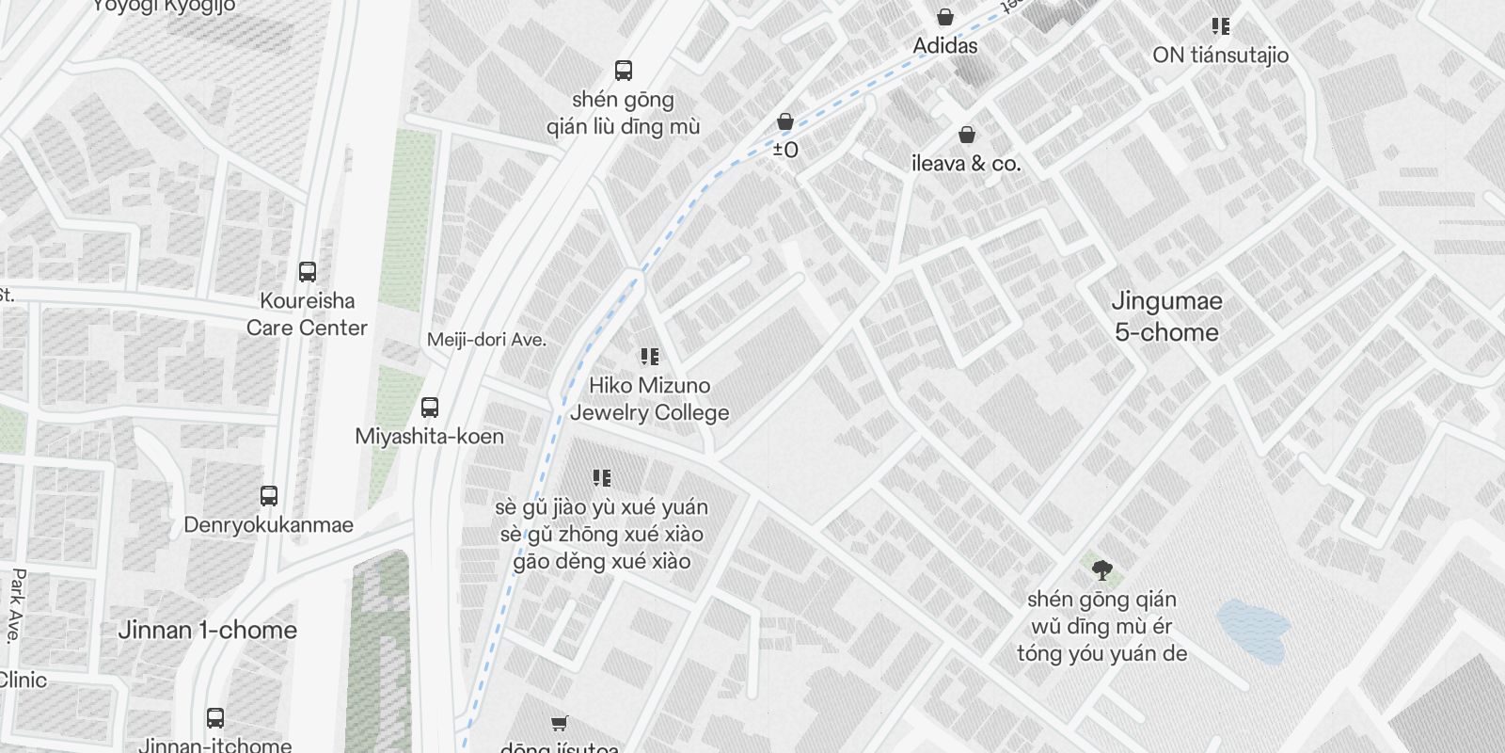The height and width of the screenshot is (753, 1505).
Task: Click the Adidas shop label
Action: coord(945,45)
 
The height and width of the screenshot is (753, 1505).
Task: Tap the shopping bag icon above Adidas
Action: coord(945,17)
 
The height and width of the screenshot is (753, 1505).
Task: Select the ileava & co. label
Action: coord(966,163)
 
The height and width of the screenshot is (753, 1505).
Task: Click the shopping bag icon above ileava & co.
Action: coord(966,136)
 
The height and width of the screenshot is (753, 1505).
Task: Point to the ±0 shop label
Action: coord(785,150)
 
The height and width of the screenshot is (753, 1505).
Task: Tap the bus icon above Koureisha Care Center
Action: coord(308,272)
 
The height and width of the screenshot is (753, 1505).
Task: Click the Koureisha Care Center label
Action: coord(307,314)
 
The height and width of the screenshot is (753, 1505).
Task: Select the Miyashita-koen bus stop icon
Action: coord(430,408)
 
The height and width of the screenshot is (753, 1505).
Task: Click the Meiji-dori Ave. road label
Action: coord(486,340)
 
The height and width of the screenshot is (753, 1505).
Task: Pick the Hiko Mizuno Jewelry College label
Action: coord(649,399)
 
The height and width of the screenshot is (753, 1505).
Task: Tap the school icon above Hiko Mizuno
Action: coord(649,357)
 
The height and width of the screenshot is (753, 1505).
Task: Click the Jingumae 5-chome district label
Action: coord(1166,316)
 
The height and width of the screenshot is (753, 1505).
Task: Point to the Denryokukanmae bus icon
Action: coord(269,496)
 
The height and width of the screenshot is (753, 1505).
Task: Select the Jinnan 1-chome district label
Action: coord(207,630)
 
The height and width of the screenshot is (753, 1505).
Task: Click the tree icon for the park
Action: coord(1102,569)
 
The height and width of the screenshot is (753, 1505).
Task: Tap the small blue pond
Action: coord(1253,630)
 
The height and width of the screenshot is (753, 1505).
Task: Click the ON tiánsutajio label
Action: coord(1220,55)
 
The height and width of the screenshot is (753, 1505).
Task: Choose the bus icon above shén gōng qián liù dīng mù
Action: coord(623,71)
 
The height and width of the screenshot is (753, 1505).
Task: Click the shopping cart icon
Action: coord(560,723)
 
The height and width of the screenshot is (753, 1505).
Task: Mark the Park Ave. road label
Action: coord(17,604)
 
